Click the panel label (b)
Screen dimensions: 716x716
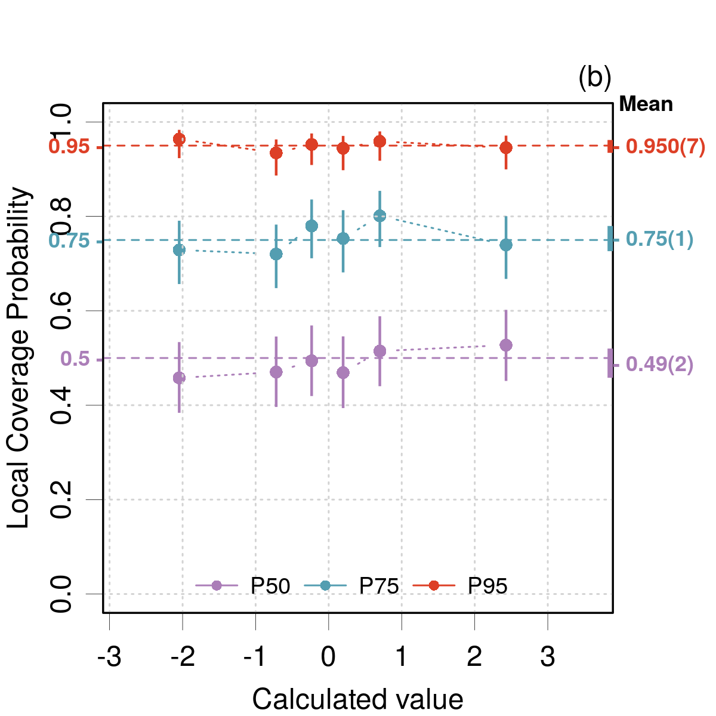[x=595, y=78]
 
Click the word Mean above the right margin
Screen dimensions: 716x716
[x=646, y=104]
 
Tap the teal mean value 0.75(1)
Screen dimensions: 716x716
[x=659, y=239]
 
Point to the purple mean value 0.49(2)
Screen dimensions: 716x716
[x=659, y=364]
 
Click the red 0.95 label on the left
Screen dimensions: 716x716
[x=69, y=147]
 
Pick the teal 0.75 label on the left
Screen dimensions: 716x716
[x=69, y=241]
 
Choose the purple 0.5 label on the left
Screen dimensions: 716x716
[x=75, y=359]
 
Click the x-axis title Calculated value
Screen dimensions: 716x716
[x=357, y=699]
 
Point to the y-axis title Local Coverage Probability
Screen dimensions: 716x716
[x=19, y=358]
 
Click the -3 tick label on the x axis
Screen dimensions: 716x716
[x=109, y=657]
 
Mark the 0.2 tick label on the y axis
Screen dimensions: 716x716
[x=61, y=499]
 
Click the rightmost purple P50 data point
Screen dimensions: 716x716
[x=506, y=345]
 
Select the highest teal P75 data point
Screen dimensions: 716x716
[x=379, y=216]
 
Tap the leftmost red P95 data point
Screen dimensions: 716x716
[x=179, y=139]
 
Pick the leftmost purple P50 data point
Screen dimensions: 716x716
[x=179, y=378]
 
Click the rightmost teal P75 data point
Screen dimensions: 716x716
[x=506, y=245]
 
